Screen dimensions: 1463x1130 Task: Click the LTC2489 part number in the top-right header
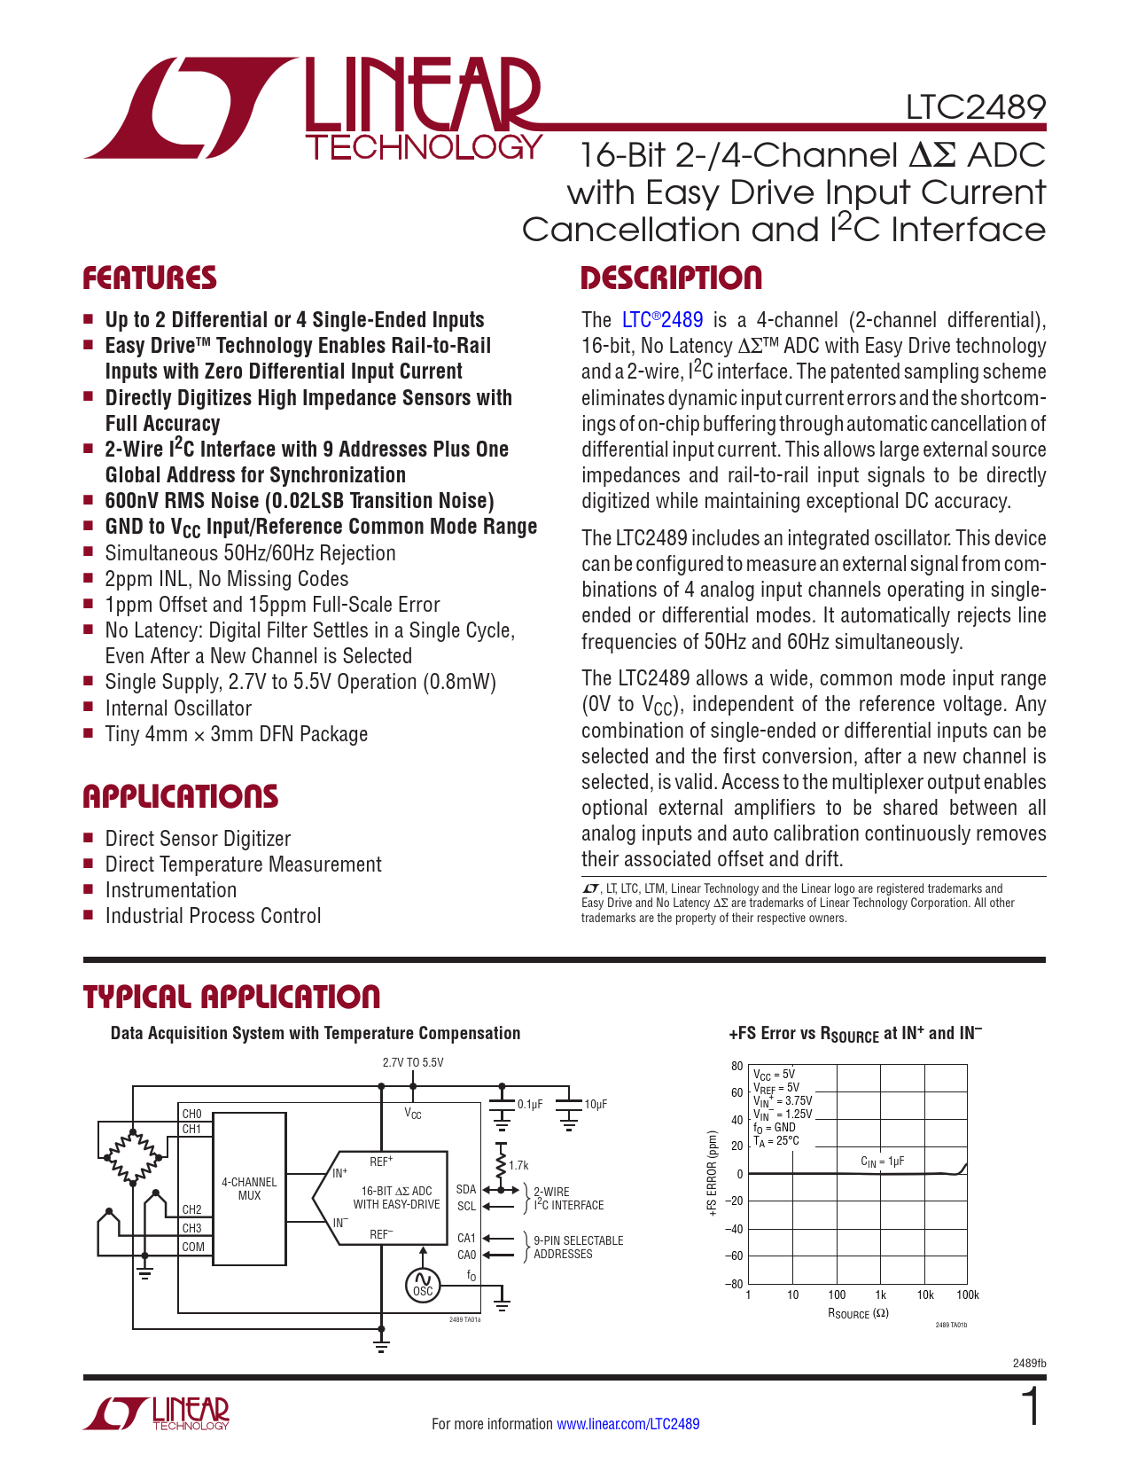click(x=975, y=107)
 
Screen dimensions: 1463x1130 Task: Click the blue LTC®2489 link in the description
click(x=662, y=320)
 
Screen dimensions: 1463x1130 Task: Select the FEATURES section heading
click(x=150, y=278)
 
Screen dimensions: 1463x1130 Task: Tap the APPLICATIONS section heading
click(x=181, y=796)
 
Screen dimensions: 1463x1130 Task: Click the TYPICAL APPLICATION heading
click(x=231, y=997)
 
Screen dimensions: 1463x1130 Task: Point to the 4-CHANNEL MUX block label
click(x=249, y=1189)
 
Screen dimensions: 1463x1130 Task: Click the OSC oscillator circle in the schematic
click(x=423, y=1285)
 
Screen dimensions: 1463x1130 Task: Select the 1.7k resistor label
click(x=518, y=1166)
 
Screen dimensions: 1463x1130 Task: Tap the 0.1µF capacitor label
click(x=530, y=1105)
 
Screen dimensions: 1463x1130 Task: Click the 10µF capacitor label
click(x=596, y=1105)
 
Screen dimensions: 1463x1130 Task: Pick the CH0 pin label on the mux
click(x=191, y=1114)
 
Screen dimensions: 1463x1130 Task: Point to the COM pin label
click(x=193, y=1247)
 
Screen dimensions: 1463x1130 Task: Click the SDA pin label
click(x=466, y=1189)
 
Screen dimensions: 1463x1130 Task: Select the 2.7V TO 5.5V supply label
click(x=413, y=1062)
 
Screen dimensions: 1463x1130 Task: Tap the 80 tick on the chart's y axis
click(x=736, y=1067)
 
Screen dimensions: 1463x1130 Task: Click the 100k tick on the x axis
click(x=968, y=1295)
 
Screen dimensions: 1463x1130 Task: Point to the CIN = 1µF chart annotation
click(x=882, y=1161)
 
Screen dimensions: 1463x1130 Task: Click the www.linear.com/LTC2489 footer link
click(x=627, y=1424)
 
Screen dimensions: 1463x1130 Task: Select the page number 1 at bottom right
click(x=1031, y=1408)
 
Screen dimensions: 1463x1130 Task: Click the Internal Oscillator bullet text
click(x=178, y=708)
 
